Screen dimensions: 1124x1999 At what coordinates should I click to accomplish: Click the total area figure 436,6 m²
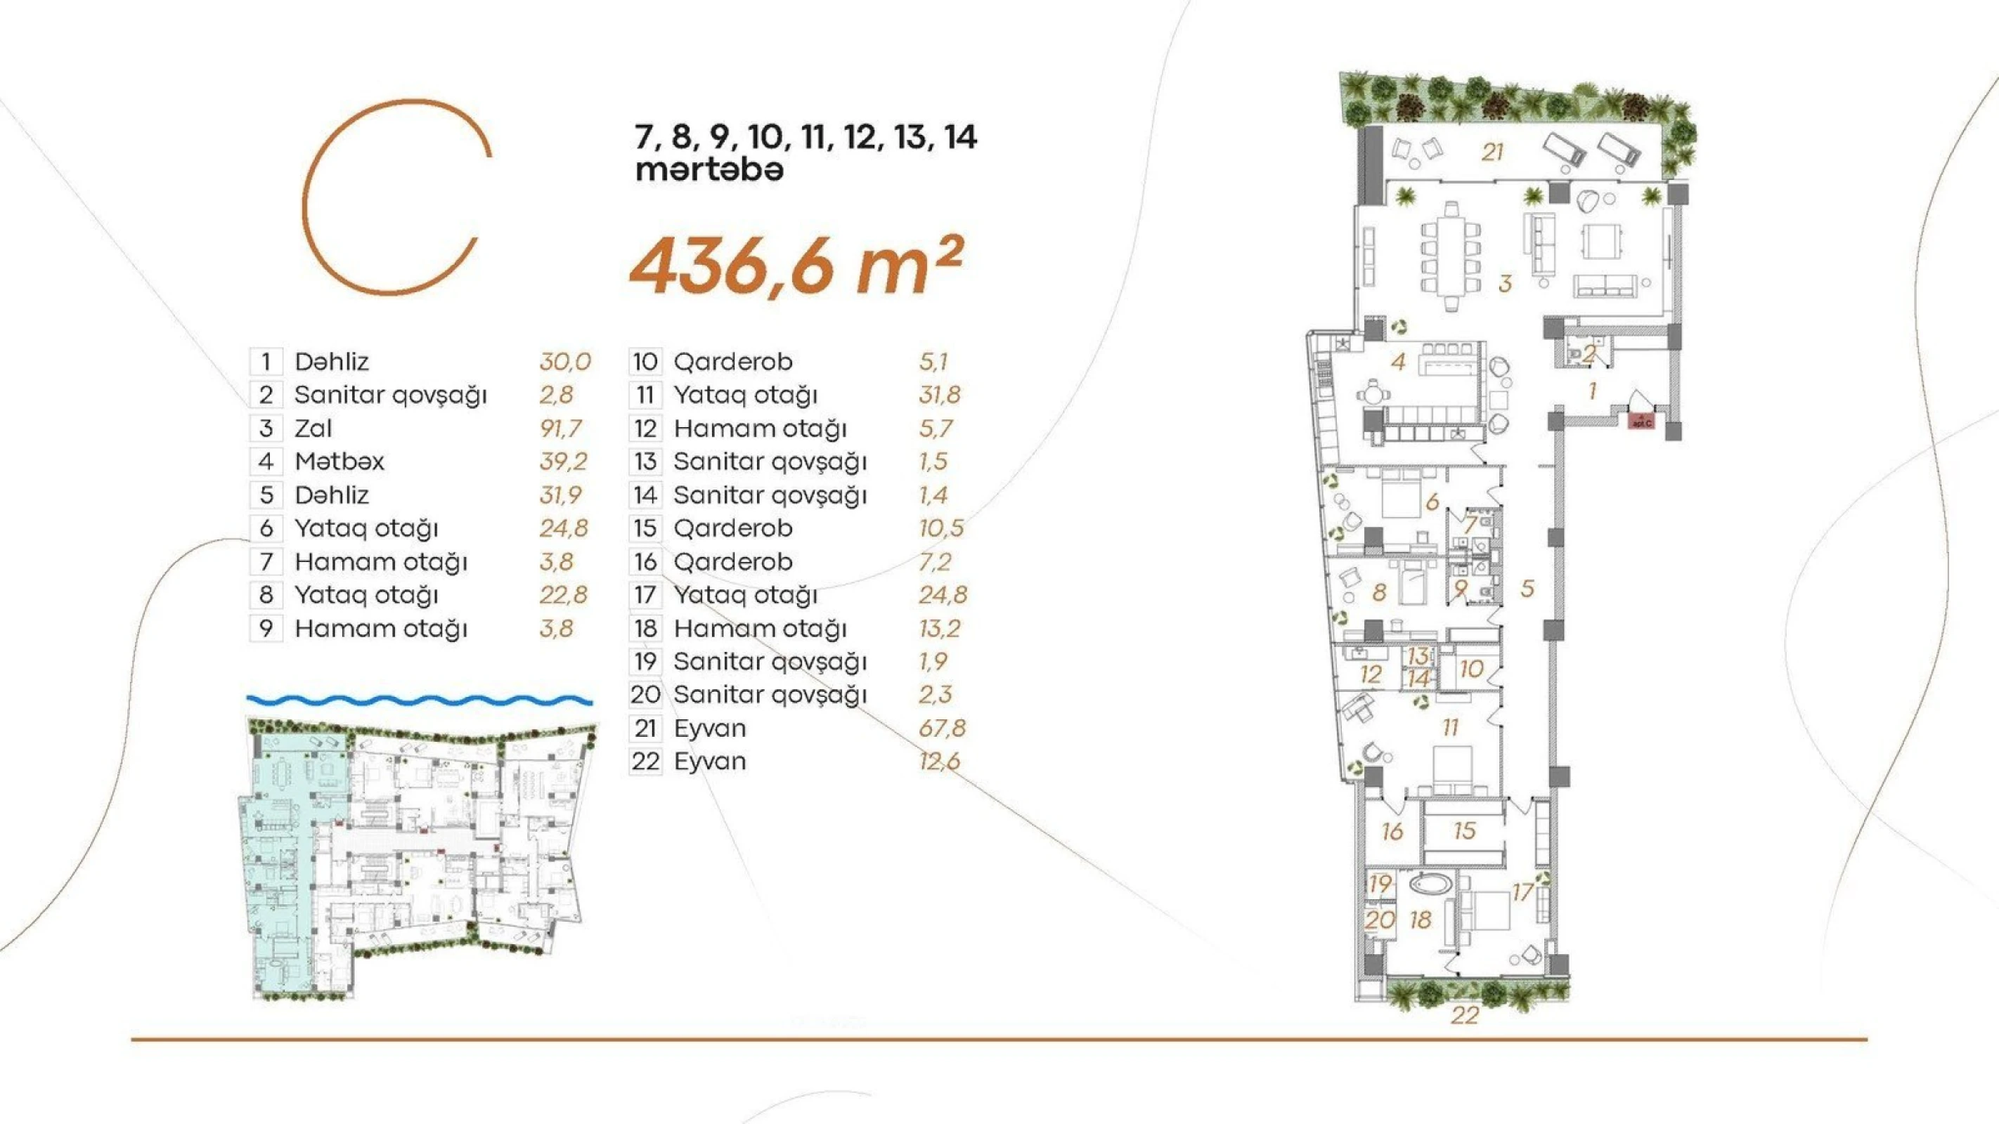pyautogui.click(x=796, y=266)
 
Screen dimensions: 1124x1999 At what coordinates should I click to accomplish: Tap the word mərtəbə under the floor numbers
pyautogui.click(x=709, y=170)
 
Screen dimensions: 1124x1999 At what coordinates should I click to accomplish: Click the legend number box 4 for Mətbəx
pyautogui.click(x=266, y=462)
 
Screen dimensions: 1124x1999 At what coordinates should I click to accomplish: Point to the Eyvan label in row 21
pyautogui.click(x=709, y=728)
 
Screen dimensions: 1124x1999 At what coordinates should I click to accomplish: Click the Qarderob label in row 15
pyautogui.click(x=732, y=528)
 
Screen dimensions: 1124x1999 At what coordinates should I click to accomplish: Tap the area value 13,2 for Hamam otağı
pyautogui.click(x=939, y=628)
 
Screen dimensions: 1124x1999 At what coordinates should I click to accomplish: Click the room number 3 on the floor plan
pyautogui.click(x=1505, y=284)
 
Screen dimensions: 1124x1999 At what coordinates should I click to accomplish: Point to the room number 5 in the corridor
pyautogui.click(x=1527, y=588)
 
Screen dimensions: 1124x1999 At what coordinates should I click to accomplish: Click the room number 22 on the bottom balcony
pyautogui.click(x=1464, y=1015)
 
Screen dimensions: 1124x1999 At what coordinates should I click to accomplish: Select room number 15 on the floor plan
pyautogui.click(x=1463, y=831)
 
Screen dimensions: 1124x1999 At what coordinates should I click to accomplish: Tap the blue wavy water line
pyautogui.click(x=419, y=700)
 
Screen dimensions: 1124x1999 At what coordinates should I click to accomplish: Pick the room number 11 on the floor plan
pyautogui.click(x=1449, y=728)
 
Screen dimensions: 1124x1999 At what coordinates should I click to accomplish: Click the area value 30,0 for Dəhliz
pyautogui.click(x=565, y=362)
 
